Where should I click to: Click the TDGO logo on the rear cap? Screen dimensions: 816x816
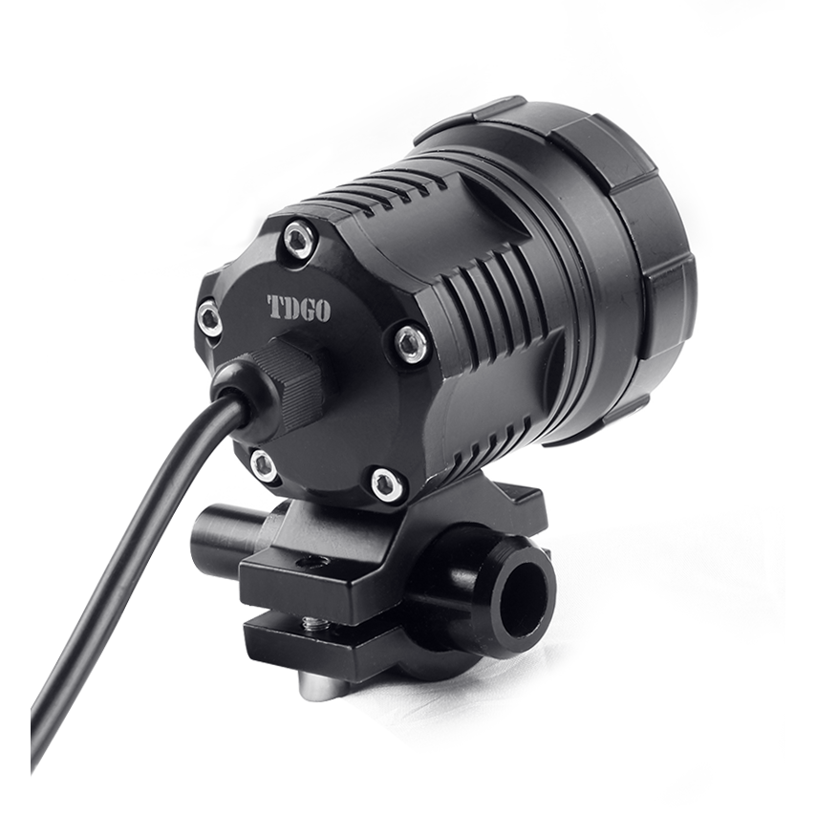(x=298, y=309)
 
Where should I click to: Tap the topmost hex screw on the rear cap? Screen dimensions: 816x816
(x=301, y=239)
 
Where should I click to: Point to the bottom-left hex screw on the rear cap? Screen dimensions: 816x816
(x=264, y=464)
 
